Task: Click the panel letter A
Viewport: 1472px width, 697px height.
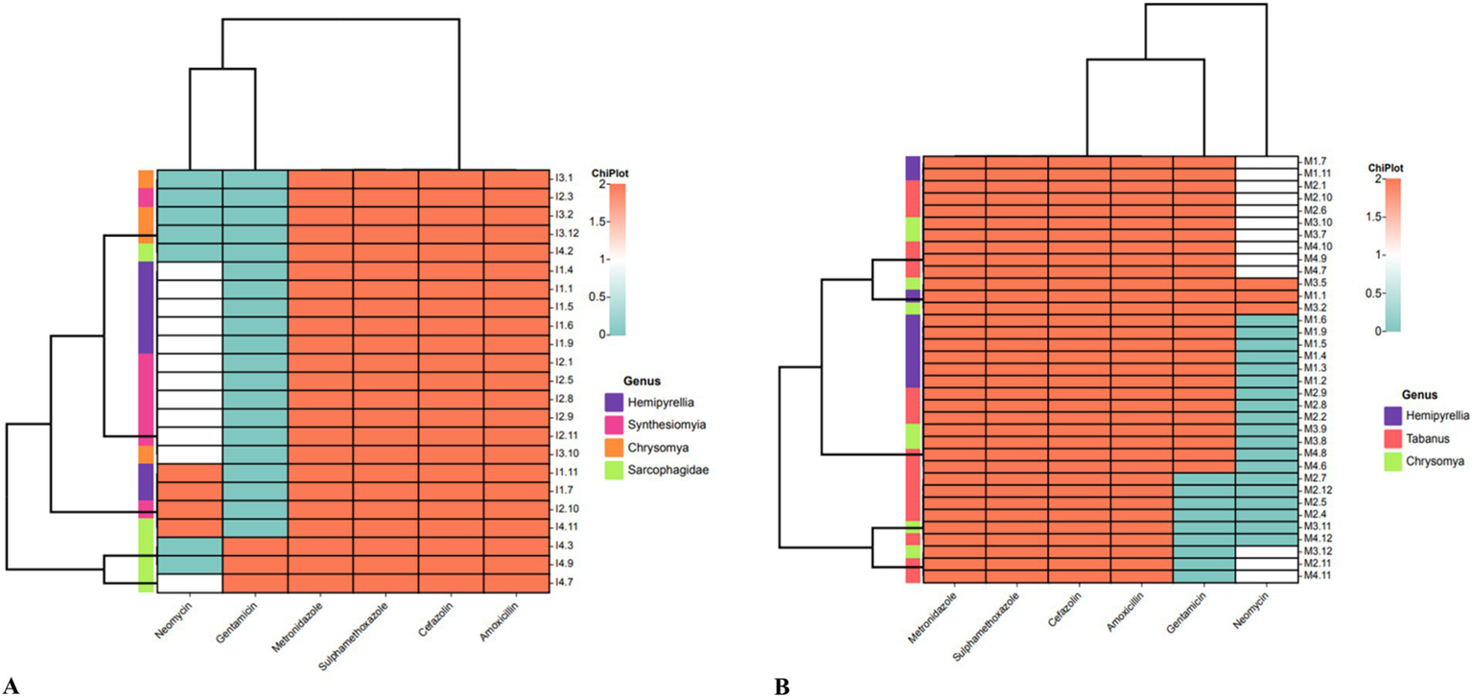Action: [x=12, y=685]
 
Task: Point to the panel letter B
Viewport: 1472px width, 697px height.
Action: [x=783, y=685]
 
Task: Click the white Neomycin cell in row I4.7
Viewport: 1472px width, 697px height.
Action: [x=189, y=582]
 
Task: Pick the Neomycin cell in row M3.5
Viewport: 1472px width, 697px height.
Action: [x=1266, y=283]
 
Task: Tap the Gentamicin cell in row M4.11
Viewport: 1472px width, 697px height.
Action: [x=1203, y=576]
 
